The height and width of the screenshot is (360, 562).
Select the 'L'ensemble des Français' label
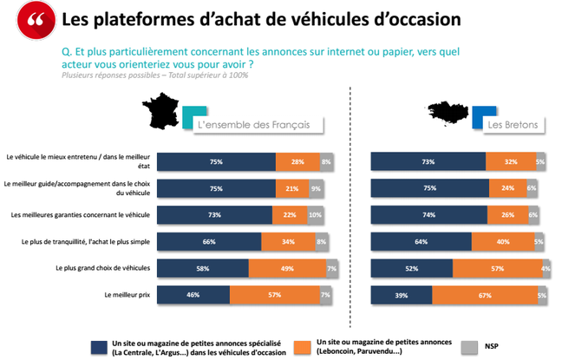click(254, 125)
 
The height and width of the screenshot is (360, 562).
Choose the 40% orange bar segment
click(503, 242)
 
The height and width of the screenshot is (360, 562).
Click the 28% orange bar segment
click(297, 160)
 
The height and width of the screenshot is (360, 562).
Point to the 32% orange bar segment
click(510, 160)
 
